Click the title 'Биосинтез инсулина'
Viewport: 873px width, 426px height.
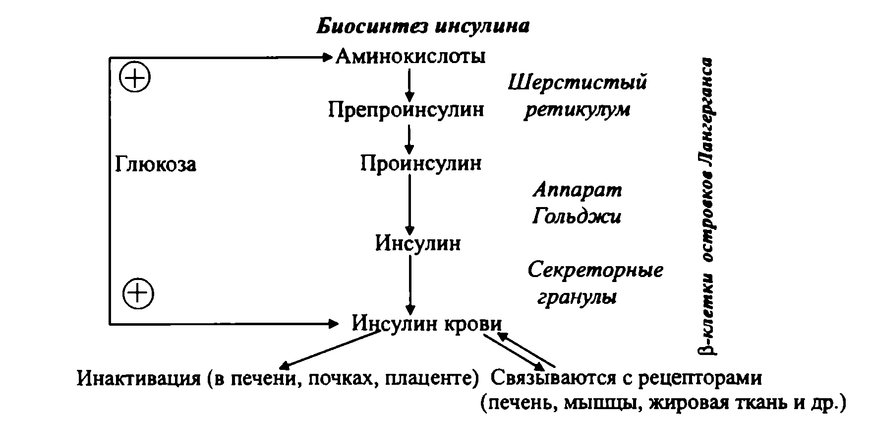coord(423,25)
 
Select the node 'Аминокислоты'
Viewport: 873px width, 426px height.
coord(410,57)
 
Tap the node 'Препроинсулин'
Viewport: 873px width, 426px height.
coord(406,109)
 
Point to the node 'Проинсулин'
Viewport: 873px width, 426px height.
coord(420,163)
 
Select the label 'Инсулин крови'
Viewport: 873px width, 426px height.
coord(427,324)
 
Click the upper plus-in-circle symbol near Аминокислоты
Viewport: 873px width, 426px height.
coord(135,78)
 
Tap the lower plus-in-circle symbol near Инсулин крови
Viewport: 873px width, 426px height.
coord(138,294)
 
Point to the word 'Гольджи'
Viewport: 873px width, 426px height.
coord(577,216)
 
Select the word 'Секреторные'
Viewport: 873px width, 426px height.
coord(595,271)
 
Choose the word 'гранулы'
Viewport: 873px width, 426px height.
coord(577,297)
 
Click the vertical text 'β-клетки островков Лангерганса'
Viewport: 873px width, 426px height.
coord(706,206)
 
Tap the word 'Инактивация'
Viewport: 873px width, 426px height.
coord(137,379)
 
